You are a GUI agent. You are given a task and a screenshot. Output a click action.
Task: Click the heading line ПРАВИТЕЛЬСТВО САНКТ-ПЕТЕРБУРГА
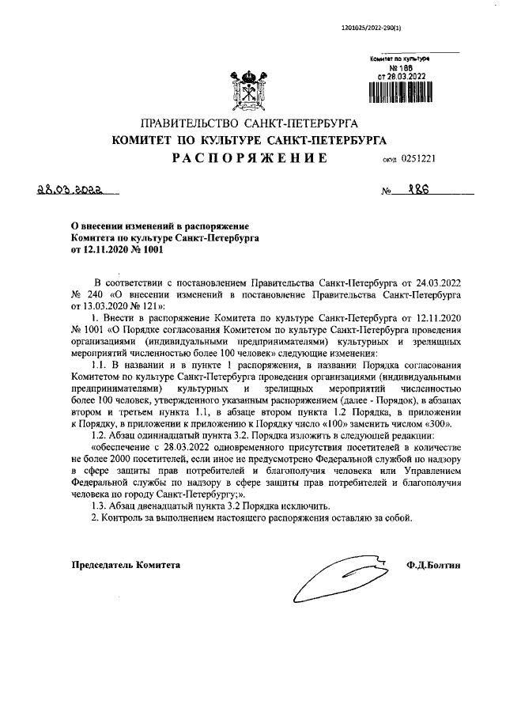(x=249, y=123)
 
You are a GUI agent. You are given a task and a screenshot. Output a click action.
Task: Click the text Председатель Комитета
(x=126, y=566)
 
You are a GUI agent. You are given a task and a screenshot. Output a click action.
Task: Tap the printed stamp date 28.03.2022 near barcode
(x=409, y=76)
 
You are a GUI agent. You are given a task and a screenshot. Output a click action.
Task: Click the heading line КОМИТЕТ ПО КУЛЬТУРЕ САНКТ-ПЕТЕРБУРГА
(x=249, y=141)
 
